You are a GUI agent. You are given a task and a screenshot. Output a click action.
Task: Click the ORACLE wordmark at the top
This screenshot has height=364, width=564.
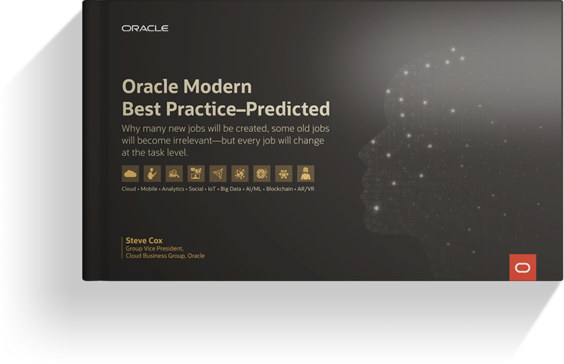point(145,28)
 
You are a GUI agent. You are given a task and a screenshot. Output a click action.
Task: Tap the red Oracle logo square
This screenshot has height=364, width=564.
point(522,267)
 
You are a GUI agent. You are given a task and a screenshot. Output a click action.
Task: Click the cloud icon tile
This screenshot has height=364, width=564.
point(131,174)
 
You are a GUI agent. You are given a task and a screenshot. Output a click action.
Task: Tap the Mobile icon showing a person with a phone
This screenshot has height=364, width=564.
point(152,174)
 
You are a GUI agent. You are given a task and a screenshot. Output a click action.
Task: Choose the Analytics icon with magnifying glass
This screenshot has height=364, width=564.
point(174,174)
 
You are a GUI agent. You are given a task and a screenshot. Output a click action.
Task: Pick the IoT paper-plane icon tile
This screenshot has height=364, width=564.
point(218,174)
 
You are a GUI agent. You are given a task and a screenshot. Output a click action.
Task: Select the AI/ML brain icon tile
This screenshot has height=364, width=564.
point(262,174)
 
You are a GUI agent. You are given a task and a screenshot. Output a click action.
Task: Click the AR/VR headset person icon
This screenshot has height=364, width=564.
point(305,174)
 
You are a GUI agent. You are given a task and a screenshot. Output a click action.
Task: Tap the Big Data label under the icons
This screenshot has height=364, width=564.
point(231,190)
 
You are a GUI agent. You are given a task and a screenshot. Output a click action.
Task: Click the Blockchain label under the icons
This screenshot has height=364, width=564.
point(281,190)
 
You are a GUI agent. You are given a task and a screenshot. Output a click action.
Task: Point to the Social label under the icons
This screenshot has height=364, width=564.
point(197,190)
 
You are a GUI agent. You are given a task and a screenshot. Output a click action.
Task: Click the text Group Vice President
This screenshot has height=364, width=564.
point(157,248)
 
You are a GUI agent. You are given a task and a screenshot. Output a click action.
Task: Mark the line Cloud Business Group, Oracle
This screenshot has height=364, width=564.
point(165,256)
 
